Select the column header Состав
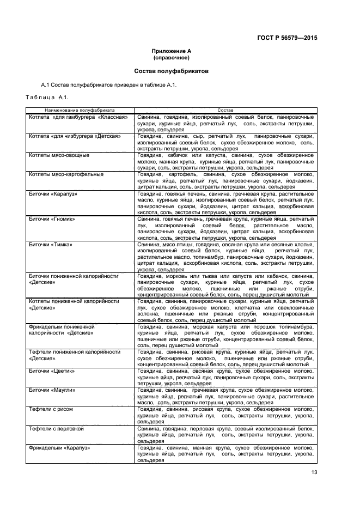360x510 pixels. click(225, 110)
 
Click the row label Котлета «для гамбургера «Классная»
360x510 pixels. click(78, 117)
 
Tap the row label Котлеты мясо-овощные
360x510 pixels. click(59, 155)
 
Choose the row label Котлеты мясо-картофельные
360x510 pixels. click(66, 174)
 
